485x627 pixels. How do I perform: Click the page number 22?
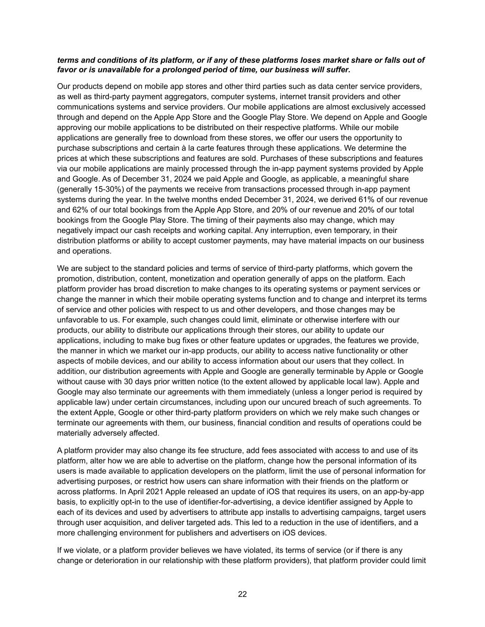coord(242,594)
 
